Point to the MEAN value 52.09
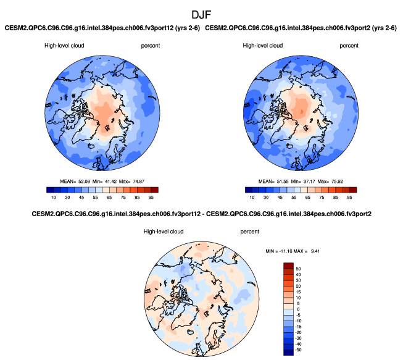pyautogui.click(x=86, y=180)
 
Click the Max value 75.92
pyautogui.click(x=344, y=180)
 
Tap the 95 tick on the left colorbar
pyautogui.click(x=154, y=198)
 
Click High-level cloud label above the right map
pyautogui.click(x=262, y=45)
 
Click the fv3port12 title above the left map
pyautogui.click(x=102, y=28)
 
